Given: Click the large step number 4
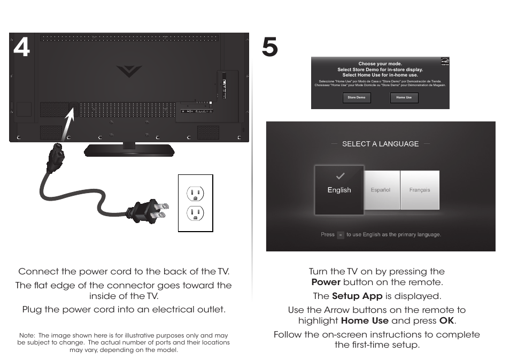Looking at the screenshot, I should (21, 48).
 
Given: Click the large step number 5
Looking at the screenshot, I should (270, 48).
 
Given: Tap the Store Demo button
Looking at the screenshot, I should (357, 97).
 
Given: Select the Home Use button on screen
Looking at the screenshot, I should (404, 97).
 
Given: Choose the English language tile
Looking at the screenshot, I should (339, 190).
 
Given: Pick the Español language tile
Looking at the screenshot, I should (381, 190).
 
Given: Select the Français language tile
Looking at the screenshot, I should (420, 190).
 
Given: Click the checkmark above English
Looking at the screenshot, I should (340, 176).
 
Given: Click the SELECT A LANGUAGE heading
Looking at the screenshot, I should (380, 144).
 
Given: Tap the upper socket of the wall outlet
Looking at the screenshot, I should (195, 193).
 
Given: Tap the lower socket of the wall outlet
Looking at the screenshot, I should (195, 213).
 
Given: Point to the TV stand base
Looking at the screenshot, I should (129, 150).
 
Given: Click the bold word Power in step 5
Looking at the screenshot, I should (326, 282).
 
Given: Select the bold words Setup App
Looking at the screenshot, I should (357, 296).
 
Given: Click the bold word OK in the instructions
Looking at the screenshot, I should (447, 320).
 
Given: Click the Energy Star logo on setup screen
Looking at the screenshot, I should (443, 63).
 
